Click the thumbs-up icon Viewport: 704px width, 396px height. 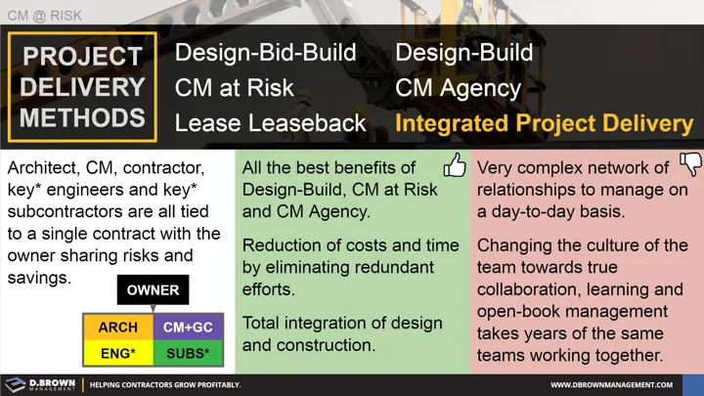[454, 165]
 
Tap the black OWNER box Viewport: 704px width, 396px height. [153, 290]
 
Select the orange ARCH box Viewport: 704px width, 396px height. [116, 326]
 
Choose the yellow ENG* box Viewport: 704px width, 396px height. [116, 352]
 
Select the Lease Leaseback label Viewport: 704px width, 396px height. [271, 124]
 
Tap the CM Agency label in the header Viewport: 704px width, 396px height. [458, 88]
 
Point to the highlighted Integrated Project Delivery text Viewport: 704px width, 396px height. [545, 124]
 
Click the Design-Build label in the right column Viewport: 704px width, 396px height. [464, 52]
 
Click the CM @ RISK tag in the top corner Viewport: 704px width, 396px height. [45, 16]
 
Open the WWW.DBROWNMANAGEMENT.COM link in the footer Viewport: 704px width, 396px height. [625, 385]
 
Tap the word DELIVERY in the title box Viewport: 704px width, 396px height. [82, 87]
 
